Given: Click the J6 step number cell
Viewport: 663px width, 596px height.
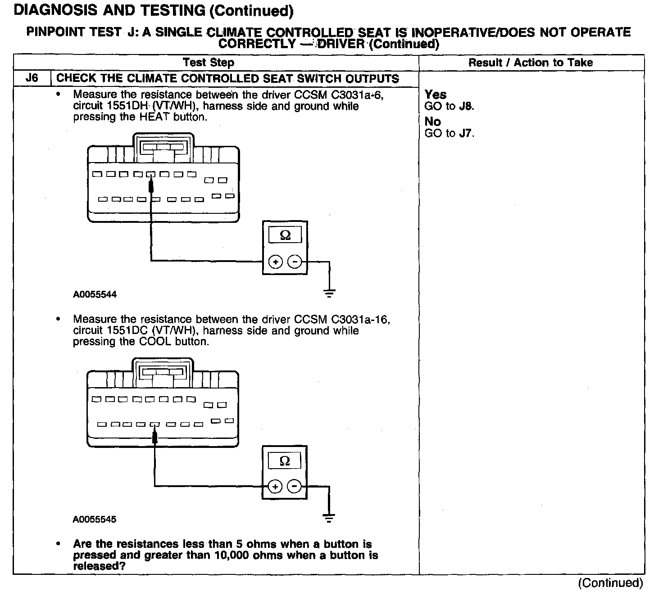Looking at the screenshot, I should click(32, 78).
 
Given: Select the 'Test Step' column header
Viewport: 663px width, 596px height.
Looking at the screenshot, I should click(209, 63).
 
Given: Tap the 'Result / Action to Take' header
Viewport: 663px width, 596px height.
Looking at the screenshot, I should click(531, 63).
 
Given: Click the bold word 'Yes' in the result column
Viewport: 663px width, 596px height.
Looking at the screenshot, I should click(436, 95).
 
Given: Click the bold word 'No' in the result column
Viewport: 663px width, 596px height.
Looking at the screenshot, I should click(433, 122).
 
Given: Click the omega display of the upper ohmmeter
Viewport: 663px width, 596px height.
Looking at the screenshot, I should click(285, 235).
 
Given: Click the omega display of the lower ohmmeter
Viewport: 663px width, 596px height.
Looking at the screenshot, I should click(285, 461).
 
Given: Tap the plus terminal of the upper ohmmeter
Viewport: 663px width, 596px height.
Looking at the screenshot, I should click(276, 262).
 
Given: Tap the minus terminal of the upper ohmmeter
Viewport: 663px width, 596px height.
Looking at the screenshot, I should click(295, 262).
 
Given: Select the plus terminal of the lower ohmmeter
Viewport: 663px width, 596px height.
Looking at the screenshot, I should click(275, 486).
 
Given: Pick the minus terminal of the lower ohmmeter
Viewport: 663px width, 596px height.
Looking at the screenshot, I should click(294, 486).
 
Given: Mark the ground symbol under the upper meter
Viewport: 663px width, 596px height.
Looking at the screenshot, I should click(329, 293).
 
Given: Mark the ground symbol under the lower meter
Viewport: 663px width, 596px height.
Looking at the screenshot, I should click(329, 518).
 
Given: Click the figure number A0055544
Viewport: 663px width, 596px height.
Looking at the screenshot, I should click(95, 294).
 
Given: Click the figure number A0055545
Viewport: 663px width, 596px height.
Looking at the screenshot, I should click(95, 519).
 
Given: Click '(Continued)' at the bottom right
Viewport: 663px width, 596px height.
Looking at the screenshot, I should click(611, 583).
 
